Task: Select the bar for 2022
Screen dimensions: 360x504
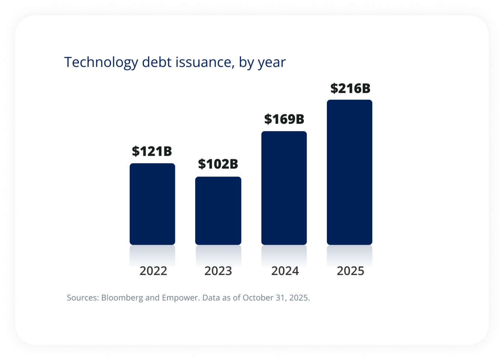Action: tap(152, 204)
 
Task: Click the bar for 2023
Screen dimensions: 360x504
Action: tap(218, 210)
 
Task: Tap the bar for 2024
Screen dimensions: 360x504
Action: tap(284, 188)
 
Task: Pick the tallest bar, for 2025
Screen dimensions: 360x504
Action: tap(349, 172)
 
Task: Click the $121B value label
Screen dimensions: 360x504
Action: tap(152, 151)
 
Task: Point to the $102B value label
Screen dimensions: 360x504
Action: tap(218, 164)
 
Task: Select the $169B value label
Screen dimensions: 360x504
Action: tap(284, 119)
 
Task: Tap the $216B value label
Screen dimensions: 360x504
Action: tap(350, 88)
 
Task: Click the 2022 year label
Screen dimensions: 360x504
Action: tap(153, 271)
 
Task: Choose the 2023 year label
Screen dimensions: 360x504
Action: tap(218, 271)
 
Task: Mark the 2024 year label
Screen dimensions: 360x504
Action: tap(285, 271)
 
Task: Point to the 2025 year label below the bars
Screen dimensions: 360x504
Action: tap(350, 271)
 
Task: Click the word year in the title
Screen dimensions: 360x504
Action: tap(272, 63)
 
